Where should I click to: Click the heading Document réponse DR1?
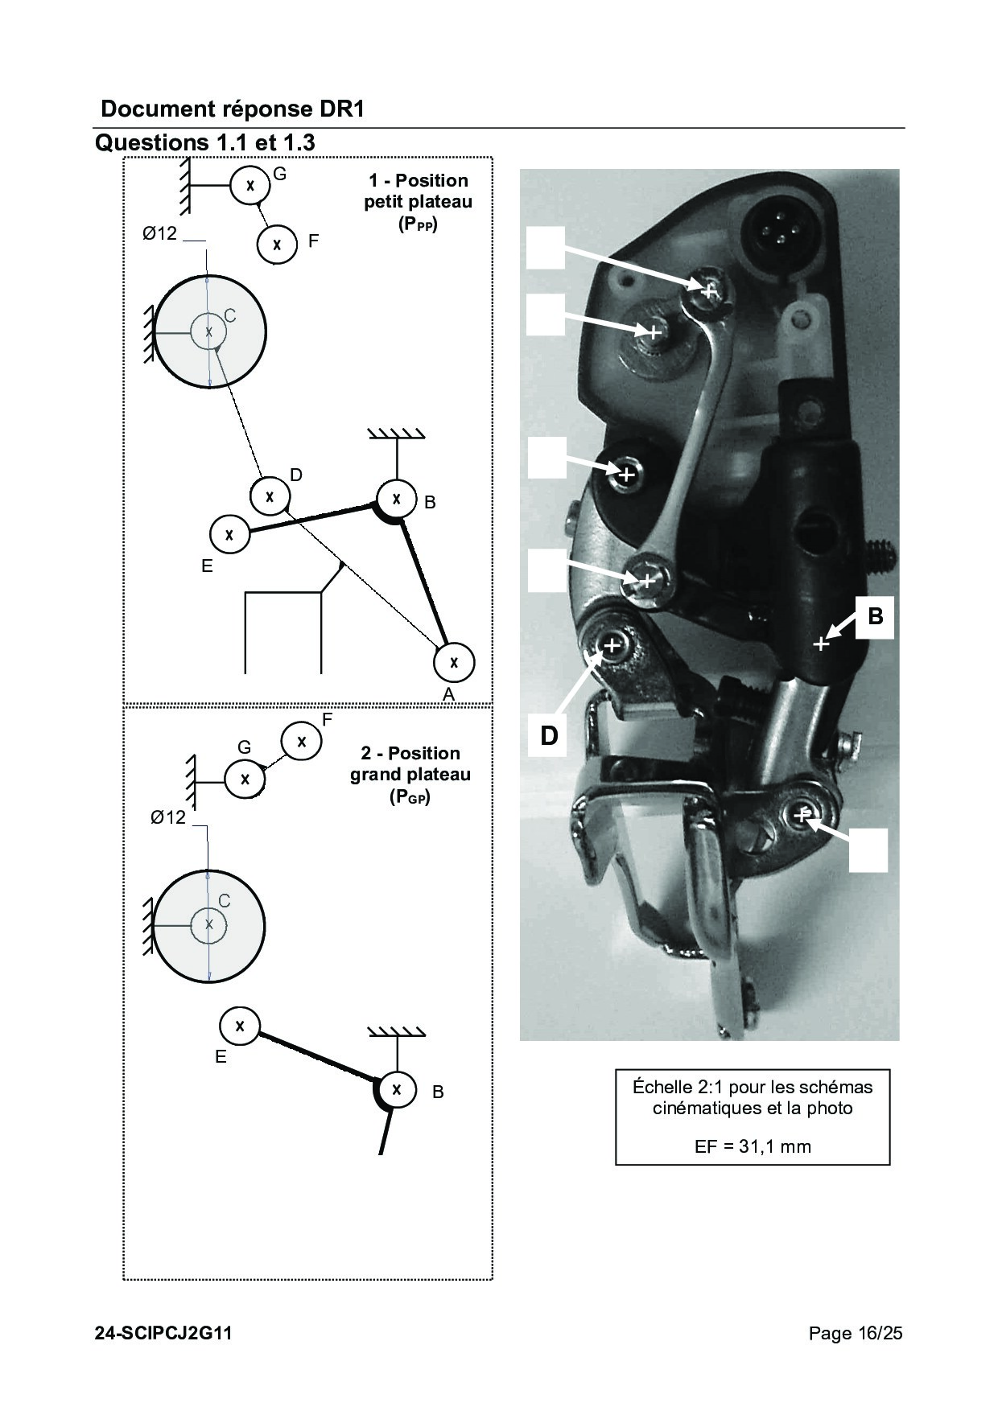[x=233, y=109]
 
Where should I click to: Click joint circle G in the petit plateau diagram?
[x=250, y=185]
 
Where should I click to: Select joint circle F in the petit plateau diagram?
[x=278, y=243]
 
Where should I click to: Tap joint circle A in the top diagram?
[x=454, y=662]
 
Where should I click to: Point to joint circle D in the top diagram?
[x=270, y=496]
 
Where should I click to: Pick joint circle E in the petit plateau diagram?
[x=229, y=533]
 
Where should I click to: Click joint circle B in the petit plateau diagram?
[x=397, y=499]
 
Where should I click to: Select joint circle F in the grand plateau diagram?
[x=302, y=741]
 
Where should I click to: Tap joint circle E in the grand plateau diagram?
[x=240, y=1026]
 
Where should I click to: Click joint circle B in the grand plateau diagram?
[x=396, y=1090]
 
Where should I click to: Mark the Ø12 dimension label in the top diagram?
[x=159, y=234]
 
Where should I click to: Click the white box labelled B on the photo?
[x=875, y=617]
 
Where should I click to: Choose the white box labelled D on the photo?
[x=548, y=735]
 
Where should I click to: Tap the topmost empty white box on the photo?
[x=546, y=247]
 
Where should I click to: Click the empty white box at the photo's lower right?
[x=868, y=850]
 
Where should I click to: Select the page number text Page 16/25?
[x=856, y=1333]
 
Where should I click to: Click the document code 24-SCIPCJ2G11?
[x=163, y=1333]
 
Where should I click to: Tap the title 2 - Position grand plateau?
[x=410, y=775]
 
